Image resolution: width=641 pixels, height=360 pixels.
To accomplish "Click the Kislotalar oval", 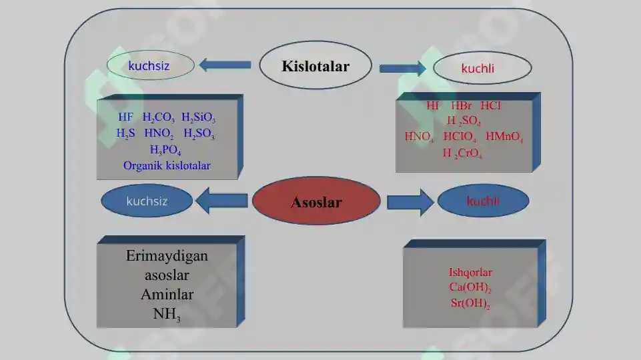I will [x=315, y=66].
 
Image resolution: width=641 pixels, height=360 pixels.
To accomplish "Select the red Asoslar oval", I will [x=316, y=201].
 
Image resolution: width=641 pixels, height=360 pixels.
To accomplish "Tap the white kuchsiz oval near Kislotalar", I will [x=151, y=65].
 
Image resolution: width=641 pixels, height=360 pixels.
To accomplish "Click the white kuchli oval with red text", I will [x=482, y=68].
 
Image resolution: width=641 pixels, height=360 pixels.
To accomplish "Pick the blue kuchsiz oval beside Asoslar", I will [x=147, y=201].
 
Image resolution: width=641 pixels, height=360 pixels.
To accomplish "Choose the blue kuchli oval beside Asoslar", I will [x=483, y=201].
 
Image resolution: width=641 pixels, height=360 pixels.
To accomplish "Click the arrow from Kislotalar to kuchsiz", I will [x=225, y=65].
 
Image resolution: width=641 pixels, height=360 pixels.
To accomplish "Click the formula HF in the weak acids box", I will [x=125, y=118].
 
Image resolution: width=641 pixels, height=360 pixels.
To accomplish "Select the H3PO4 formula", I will [x=165, y=150].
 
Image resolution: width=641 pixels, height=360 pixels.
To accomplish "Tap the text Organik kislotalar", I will [x=167, y=165].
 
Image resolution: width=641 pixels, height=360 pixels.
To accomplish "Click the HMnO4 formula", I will [x=504, y=137].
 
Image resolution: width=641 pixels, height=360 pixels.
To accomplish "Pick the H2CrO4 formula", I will [x=462, y=153].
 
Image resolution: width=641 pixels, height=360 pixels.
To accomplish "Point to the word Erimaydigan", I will [x=167, y=256].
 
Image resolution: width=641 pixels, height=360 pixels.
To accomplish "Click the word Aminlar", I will [x=167, y=294].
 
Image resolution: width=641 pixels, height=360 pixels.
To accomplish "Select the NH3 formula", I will [x=166, y=314].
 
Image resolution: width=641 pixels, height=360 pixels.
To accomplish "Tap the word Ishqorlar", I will [x=470, y=272].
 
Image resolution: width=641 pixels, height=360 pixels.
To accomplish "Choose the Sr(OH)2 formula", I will [x=470, y=303].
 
